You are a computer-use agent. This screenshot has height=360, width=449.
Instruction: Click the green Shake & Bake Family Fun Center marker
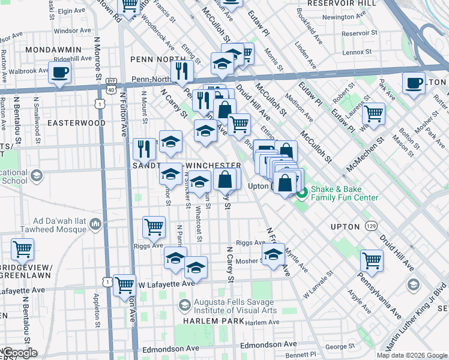(x=302, y=193)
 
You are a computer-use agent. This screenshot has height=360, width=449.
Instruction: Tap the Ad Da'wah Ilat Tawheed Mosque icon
(x=95, y=224)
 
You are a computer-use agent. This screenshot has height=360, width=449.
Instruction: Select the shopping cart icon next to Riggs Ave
(x=154, y=227)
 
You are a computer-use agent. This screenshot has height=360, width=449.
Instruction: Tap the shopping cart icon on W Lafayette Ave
(x=125, y=285)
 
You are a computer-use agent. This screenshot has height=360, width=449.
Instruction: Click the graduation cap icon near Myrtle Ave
(x=273, y=254)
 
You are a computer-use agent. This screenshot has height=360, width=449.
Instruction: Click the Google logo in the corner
(x=19, y=353)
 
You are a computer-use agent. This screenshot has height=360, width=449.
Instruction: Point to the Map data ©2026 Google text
(x=412, y=355)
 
